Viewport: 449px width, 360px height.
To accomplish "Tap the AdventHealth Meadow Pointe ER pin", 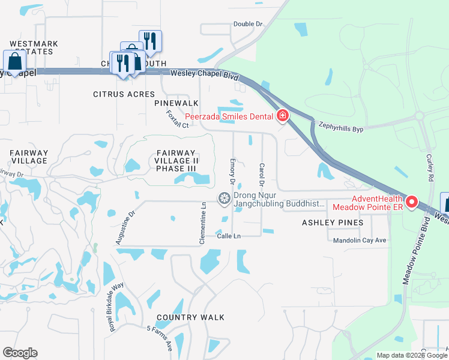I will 412,202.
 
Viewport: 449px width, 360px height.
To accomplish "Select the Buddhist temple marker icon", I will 224,198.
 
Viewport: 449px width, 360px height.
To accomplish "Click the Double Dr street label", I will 248,24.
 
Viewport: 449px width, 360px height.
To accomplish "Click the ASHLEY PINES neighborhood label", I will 332,223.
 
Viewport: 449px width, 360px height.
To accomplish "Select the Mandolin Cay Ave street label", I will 360,240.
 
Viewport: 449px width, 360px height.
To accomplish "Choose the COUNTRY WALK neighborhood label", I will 190,317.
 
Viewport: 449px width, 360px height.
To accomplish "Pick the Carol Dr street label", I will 262,174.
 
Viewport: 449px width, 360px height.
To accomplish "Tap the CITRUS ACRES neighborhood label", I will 124,94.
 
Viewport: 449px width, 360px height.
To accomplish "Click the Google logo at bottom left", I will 20,353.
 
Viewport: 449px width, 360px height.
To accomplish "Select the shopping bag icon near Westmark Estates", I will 14,61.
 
